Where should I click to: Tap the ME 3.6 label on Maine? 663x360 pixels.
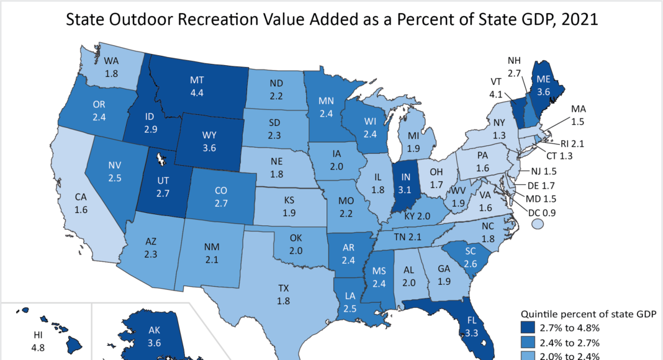coord(544,85)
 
